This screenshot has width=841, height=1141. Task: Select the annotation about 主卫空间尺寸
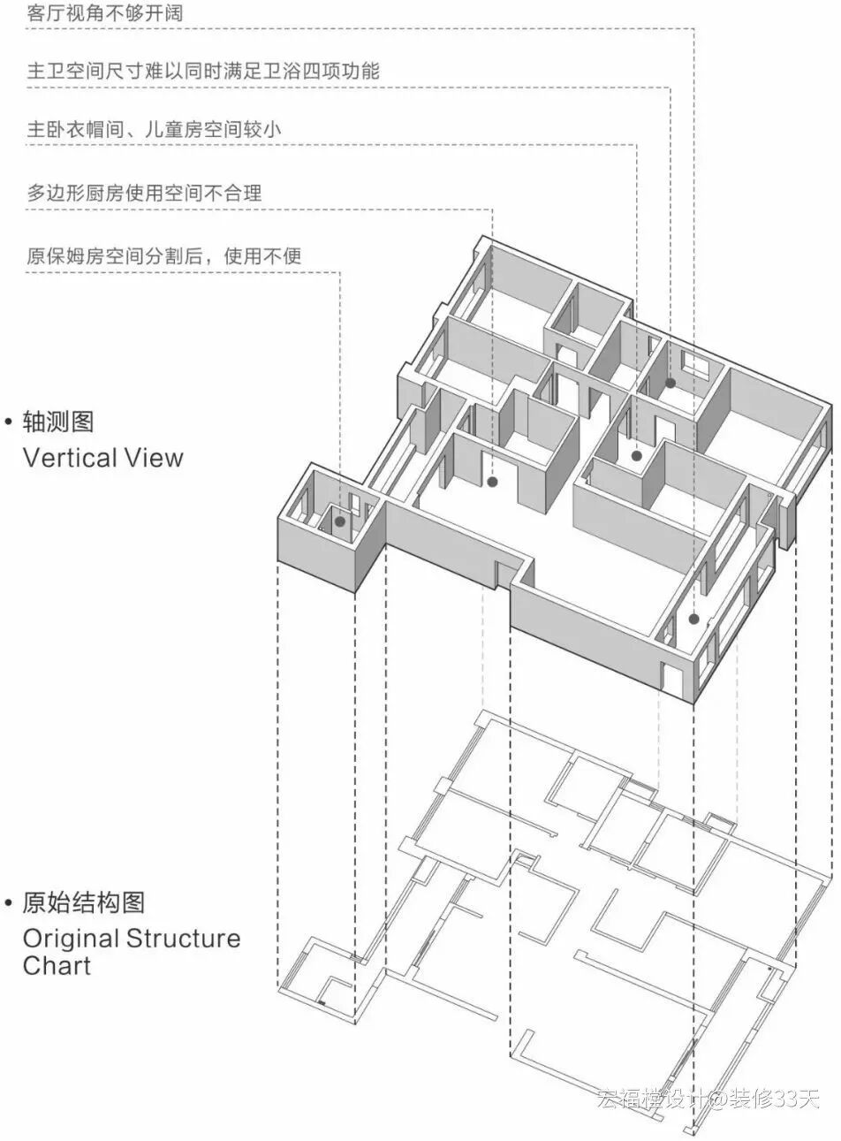tap(203, 72)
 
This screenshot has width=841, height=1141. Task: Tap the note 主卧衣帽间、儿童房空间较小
tap(154, 129)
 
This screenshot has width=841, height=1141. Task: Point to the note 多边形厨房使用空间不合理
tap(144, 193)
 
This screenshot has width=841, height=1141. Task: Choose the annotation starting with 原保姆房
tap(163, 256)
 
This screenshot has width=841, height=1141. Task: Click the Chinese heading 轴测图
tap(57, 422)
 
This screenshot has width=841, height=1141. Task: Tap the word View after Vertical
tap(154, 458)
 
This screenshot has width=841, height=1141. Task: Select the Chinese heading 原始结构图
tap(83, 902)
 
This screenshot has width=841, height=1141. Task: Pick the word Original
tap(71, 938)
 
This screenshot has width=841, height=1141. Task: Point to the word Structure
tap(183, 938)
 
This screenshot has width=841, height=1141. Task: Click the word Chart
tap(57, 965)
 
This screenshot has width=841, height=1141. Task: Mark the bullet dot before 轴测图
tap(9, 422)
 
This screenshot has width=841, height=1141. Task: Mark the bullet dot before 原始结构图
tap(9, 903)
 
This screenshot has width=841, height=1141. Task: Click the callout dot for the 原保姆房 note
tap(340, 522)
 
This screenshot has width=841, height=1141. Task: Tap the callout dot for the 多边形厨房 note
tap(492, 482)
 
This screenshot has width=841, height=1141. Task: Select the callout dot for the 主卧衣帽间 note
tap(636, 456)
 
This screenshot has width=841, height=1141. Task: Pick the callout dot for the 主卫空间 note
tap(671, 383)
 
